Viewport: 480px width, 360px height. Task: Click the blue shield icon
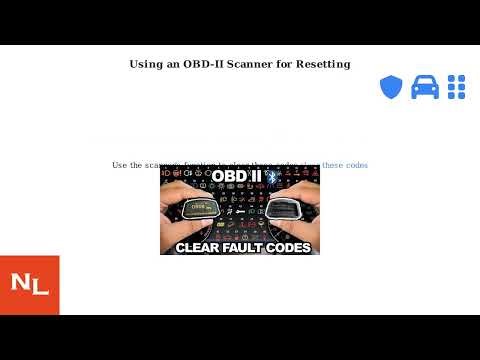390,87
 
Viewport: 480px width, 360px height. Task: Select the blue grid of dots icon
458,87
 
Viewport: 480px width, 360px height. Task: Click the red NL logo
30,285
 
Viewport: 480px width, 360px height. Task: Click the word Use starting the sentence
120,165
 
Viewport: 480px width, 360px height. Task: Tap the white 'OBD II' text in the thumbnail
237,176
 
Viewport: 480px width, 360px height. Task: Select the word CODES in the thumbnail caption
288,246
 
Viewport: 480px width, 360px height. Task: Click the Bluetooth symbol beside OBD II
269,176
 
